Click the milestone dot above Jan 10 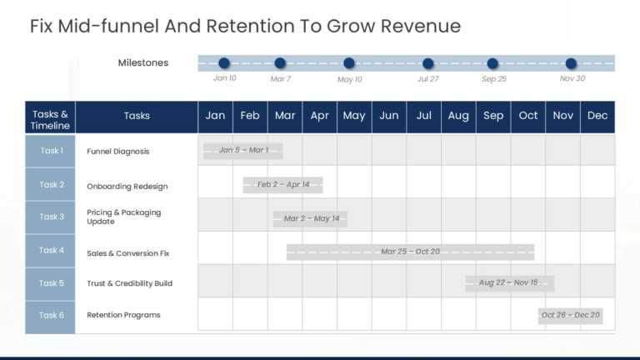[x=224, y=63]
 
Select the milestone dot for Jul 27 [x=428, y=63]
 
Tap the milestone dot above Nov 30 [x=571, y=63]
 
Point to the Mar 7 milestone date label [x=281, y=79]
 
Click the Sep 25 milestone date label [x=494, y=79]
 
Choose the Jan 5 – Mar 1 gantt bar [x=243, y=151]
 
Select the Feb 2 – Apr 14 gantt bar [x=283, y=185]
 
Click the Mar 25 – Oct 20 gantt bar [x=410, y=252]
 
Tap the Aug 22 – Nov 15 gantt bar [x=509, y=283]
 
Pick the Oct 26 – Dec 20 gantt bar [x=571, y=316]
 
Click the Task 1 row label [x=51, y=151]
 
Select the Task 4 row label [x=51, y=250]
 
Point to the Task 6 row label [x=51, y=316]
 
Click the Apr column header [x=320, y=117]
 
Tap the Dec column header [x=597, y=117]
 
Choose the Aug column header [x=458, y=117]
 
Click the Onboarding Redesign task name [x=127, y=187]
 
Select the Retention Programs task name [x=123, y=316]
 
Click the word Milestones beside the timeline [x=143, y=63]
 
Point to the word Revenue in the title [x=421, y=26]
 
